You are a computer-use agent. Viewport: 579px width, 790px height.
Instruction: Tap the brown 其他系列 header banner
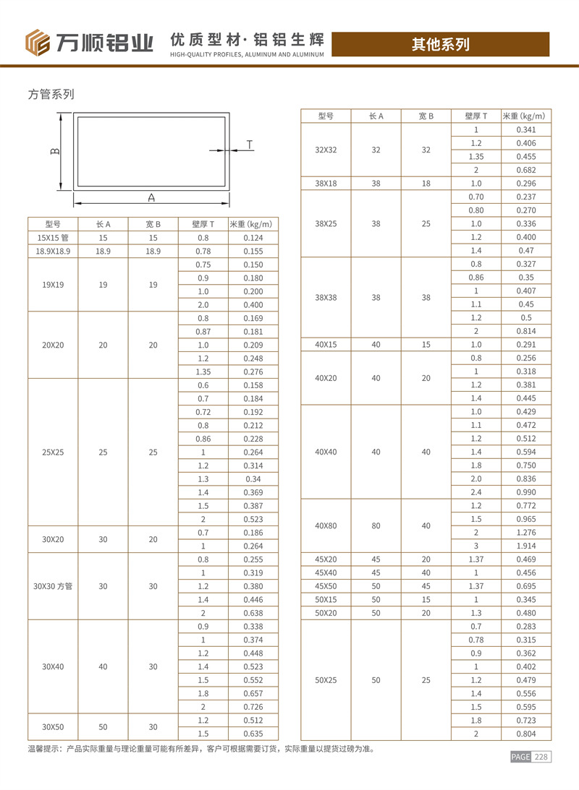pyautogui.click(x=440, y=44)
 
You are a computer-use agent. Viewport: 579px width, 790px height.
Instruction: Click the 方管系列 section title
pyautogui.click(x=51, y=94)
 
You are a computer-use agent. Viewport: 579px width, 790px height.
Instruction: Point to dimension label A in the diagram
pyautogui.click(x=151, y=197)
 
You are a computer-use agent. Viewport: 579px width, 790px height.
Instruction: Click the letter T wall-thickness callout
pyautogui.click(x=249, y=145)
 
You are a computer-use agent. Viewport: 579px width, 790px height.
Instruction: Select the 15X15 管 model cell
pyautogui.click(x=52, y=238)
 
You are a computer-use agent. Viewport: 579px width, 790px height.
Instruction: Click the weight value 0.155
pyautogui.click(x=253, y=251)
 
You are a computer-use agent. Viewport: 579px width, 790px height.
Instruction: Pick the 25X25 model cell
pyautogui.click(x=52, y=452)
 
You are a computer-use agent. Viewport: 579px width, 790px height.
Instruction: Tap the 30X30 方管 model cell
pyautogui.click(x=52, y=586)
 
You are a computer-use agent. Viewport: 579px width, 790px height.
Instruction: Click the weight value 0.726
pyautogui.click(x=253, y=706)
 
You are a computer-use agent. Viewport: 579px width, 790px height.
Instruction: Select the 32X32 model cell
pyautogui.click(x=326, y=150)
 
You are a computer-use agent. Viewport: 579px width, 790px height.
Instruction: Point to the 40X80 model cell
pyautogui.click(x=326, y=525)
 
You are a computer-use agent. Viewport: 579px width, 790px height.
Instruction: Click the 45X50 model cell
pyautogui.click(x=326, y=586)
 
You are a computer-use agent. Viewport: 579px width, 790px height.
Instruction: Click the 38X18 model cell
pyautogui.click(x=326, y=184)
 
